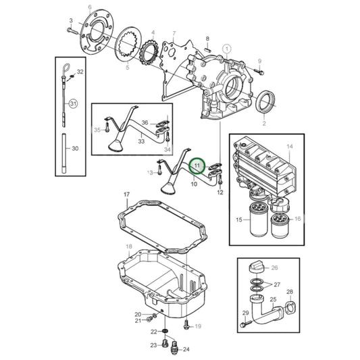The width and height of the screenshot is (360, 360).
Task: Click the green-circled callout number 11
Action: (x=197, y=165)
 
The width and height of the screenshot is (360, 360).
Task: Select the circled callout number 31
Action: (x=74, y=103)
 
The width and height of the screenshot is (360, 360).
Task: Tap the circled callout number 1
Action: (x=228, y=48)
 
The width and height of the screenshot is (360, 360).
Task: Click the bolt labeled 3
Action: (x=72, y=30)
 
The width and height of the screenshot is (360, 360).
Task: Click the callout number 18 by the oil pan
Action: (x=128, y=247)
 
